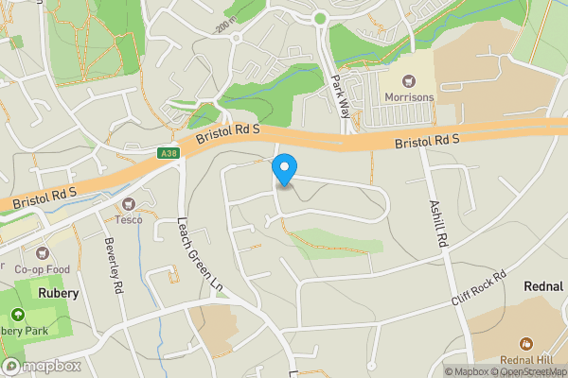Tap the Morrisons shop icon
click(x=410, y=82)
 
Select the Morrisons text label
click(x=410, y=98)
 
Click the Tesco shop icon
click(x=130, y=204)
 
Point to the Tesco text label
click(x=129, y=219)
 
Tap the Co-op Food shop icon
click(x=42, y=253)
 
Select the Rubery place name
click(x=58, y=293)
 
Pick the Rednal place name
click(x=544, y=285)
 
